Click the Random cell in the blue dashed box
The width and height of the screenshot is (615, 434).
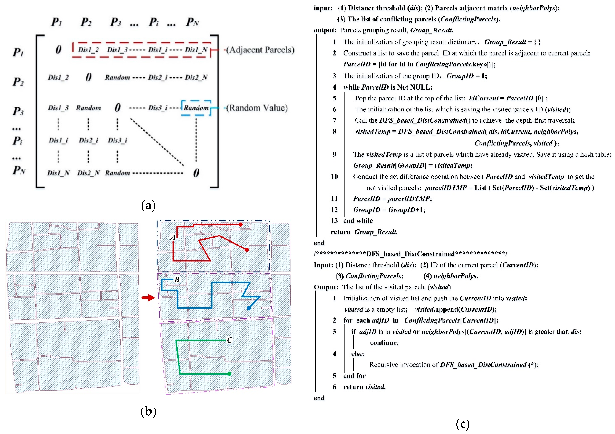[x=196, y=108]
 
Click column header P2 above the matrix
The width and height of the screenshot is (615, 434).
[x=86, y=22]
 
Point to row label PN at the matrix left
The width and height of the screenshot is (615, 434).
[x=19, y=170]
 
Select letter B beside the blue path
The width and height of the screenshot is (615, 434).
[x=177, y=279]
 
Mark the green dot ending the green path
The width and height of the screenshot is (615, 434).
[x=229, y=374]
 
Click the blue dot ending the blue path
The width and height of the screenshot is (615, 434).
[x=249, y=308]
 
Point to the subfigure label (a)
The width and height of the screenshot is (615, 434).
[x=148, y=205]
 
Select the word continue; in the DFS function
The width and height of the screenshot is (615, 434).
[x=384, y=343]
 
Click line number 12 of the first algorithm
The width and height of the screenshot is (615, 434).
[x=334, y=209]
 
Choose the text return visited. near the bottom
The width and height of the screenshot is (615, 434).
[x=364, y=387]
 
